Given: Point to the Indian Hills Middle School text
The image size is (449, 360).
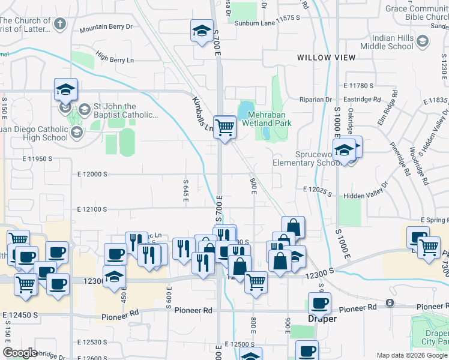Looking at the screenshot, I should pos(392,41).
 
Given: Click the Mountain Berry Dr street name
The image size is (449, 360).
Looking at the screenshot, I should pos(106,28).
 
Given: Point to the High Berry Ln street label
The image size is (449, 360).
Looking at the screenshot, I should pos(114,59).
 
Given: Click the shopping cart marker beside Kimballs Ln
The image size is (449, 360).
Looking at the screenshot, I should pos(224,127).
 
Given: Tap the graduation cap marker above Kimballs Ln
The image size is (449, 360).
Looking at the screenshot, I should pos(202,31).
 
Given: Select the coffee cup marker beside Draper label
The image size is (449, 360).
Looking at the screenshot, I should pos(319,304).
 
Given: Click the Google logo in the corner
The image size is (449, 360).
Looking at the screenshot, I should pos(20,353).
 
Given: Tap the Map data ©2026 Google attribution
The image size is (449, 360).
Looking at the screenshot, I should pos(411,356).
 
